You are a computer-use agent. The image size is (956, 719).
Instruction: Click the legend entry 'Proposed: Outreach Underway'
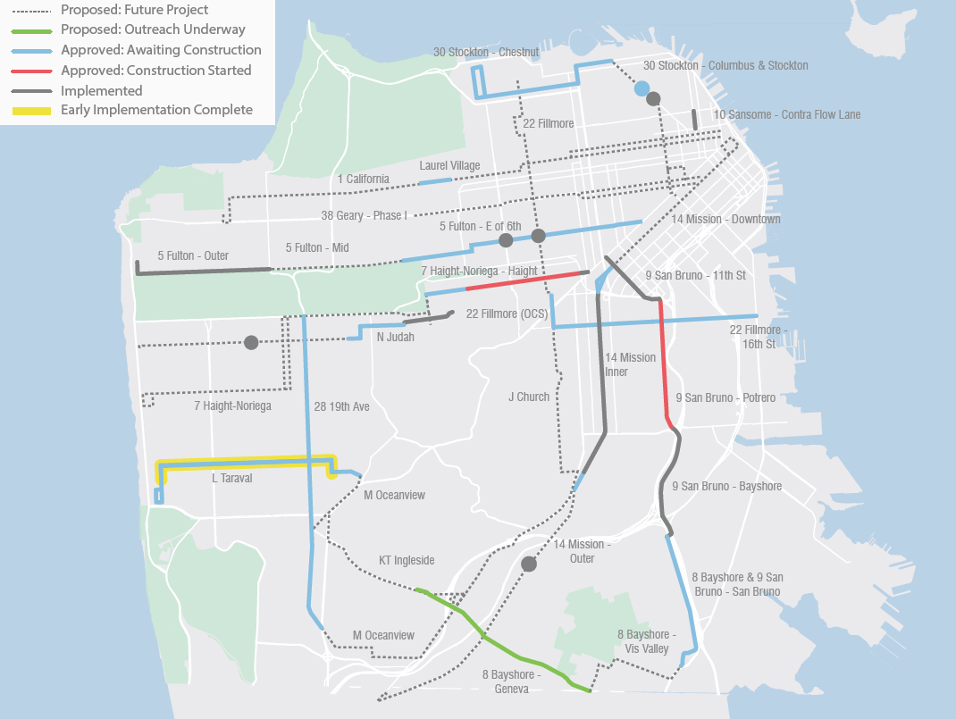point(153,29)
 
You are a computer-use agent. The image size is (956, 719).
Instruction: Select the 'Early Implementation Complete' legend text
point(156,110)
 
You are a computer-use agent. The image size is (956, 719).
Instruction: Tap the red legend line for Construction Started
point(32,71)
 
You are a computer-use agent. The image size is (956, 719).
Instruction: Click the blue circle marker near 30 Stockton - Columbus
point(642,88)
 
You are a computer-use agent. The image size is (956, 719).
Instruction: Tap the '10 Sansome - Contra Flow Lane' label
point(786,115)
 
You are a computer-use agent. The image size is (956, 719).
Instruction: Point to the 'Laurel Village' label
point(449,165)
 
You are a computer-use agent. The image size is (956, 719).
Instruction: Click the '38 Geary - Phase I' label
point(364,215)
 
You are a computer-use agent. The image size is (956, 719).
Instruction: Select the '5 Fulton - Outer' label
point(192,255)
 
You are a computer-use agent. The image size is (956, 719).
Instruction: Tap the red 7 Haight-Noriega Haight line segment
point(527,280)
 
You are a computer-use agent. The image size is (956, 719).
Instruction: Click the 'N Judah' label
point(395,337)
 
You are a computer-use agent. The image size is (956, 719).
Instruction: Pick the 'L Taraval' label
point(231,478)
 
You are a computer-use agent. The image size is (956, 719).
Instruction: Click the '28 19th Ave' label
point(341,406)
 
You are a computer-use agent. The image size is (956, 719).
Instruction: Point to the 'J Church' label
point(529,397)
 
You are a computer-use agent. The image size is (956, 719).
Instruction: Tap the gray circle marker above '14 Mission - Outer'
point(528,564)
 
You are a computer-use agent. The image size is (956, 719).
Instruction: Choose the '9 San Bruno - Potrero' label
point(725,397)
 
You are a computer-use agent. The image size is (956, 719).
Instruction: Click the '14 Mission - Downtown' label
point(725,219)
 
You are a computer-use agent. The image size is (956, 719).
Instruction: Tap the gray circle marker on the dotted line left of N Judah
point(251,343)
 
